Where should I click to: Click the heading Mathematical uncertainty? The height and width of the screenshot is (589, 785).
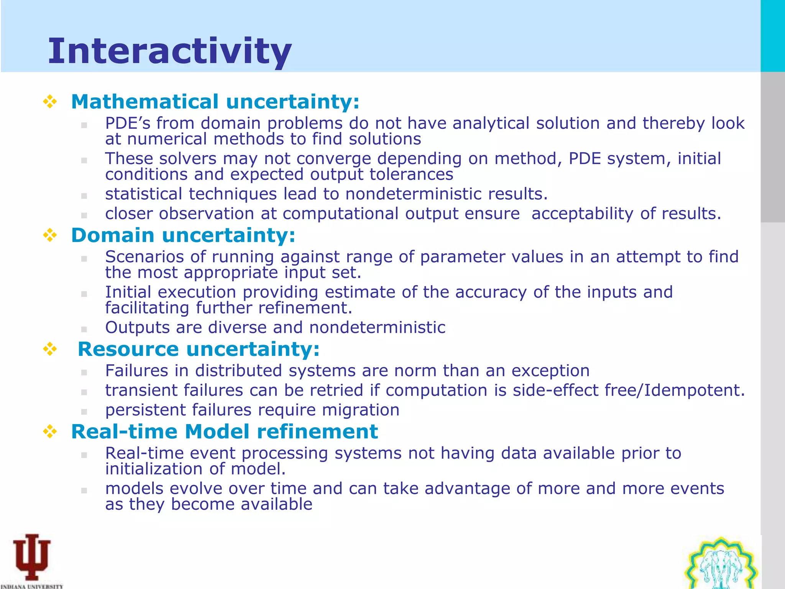point(215,102)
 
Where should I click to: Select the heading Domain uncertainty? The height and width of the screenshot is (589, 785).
point(183,235)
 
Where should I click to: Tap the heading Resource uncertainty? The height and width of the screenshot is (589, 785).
point(199,349)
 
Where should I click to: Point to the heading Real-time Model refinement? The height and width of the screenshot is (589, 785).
point(225,432)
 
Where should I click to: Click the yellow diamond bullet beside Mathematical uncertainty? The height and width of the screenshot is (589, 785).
point(50,102)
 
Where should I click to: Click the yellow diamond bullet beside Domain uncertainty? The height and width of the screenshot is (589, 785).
point(50,235)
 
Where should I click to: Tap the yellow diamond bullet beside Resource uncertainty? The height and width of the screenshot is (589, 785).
point(50,349)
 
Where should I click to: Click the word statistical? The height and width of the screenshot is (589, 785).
point(143,194)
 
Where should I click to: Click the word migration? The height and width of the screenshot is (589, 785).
point(360,410)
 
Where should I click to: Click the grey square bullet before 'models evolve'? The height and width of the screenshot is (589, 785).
point(84,490)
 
